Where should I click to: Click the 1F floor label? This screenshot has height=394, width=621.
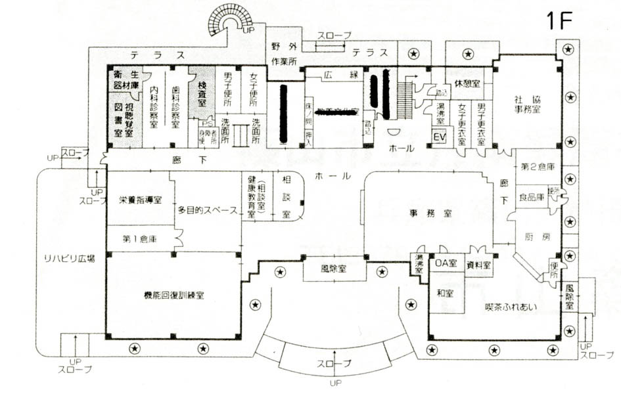coord(559,20)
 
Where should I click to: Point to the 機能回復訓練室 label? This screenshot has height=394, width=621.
coord(173,295)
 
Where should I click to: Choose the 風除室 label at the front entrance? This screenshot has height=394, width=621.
coord(334,269)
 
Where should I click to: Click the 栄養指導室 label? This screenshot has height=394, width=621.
coord(141,200)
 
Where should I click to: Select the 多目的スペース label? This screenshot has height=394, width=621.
coord(208,211)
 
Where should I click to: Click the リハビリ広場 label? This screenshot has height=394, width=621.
coord(66,258)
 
